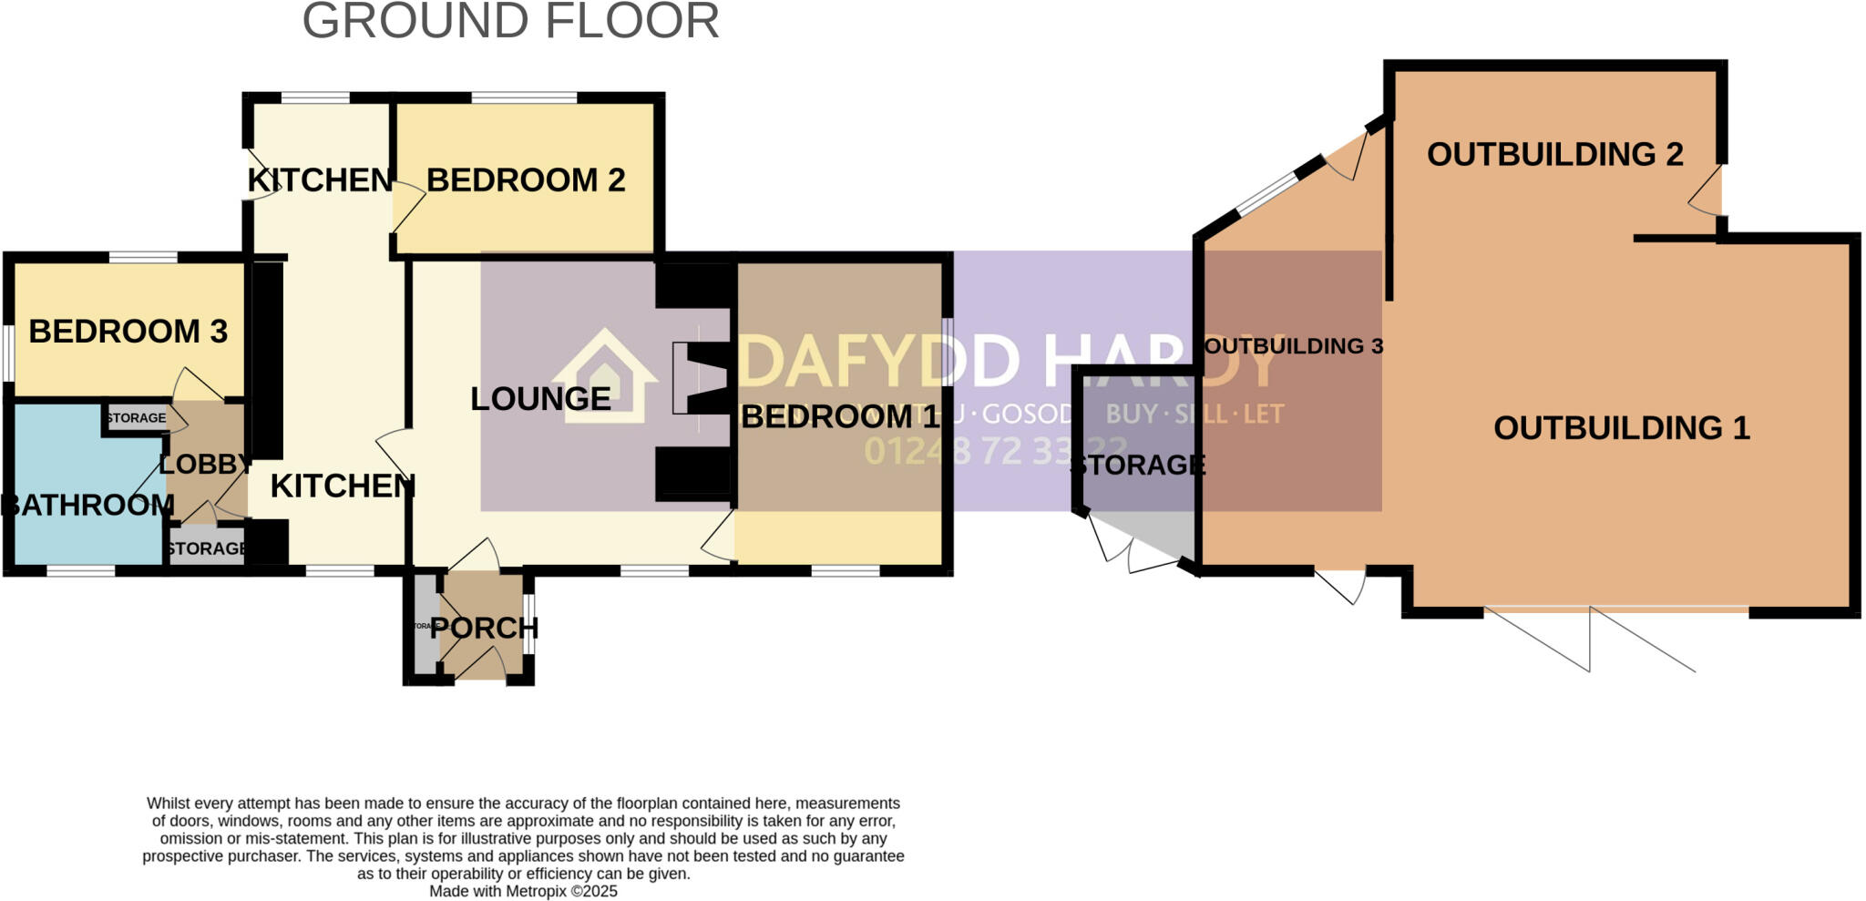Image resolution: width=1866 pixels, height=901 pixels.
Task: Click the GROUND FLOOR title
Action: pos(510,22)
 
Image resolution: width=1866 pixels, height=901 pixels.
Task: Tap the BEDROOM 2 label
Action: pos(526,180)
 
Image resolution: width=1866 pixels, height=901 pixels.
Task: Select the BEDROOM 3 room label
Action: pos(128,332)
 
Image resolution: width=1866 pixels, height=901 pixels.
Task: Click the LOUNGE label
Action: pos(540,399)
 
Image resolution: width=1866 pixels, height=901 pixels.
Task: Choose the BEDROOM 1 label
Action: pos(839,417)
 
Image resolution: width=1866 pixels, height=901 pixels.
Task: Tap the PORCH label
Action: pos(484,628)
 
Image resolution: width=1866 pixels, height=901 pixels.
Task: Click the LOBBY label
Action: pos(205,464)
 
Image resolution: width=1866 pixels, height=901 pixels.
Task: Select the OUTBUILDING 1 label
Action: pos(1621,428)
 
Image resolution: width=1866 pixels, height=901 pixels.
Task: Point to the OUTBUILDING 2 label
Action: pos(1554,155)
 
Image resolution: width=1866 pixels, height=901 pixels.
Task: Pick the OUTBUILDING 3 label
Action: pos(1293,346)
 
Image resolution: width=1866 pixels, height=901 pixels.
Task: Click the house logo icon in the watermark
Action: pos(604,375)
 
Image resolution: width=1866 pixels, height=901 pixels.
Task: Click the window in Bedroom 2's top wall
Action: pos(524,97)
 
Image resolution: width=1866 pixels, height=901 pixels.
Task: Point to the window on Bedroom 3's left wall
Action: pos(7,353)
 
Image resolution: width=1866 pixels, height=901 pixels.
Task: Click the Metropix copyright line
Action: pos(523,891)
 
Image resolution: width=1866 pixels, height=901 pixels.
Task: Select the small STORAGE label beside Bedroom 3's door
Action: pos(137,418)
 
